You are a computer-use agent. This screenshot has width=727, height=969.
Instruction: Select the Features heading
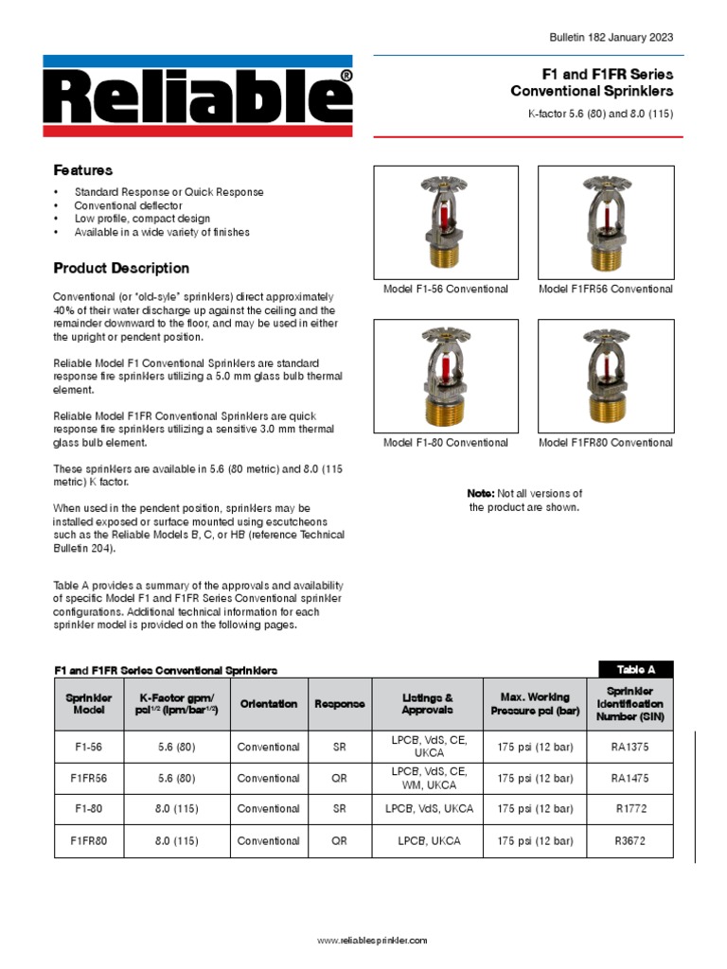pos(82,170)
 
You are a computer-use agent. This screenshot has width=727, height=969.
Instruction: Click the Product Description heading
pos(121,268)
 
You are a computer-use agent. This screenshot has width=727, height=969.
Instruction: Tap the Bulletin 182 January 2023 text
pos(612,37)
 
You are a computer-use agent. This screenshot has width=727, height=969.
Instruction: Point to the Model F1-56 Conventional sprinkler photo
pos(445,221)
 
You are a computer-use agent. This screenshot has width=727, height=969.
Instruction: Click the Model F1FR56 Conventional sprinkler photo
pos(605,221)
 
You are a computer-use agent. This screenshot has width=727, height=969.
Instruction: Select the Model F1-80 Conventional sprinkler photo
pos(445,375)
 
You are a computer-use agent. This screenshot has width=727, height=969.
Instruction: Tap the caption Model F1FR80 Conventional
pos(606,443)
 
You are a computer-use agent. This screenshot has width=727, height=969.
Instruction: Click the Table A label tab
pos(635,669)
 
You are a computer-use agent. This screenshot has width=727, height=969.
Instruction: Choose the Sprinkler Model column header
pos(88,704)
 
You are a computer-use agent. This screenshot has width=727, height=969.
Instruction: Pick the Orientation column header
pos(268,704)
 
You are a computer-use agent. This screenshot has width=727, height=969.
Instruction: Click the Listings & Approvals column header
pos(427,704)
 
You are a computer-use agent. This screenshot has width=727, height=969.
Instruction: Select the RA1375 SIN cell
pos(629,747)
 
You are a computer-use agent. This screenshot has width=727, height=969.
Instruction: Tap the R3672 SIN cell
pos(629,840)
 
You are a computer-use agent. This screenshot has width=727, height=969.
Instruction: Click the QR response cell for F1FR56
pos(339,778)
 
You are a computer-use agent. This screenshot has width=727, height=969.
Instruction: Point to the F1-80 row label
pos(88,809)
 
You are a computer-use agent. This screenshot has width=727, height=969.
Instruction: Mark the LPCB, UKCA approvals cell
pos(427,840)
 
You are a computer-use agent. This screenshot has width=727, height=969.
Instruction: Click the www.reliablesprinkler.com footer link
pos(372,941)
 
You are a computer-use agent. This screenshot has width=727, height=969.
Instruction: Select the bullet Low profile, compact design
pos(142,219)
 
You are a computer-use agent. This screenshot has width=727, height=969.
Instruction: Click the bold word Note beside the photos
pos(480,493)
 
